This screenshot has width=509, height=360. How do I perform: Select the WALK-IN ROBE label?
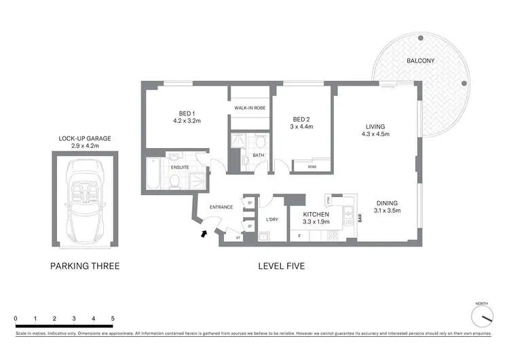tap(250, 108)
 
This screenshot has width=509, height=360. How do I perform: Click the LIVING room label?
tap(375, 127)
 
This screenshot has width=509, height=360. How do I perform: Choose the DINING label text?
tap(388, 202)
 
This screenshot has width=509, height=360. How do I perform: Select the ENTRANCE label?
tap(221, 207)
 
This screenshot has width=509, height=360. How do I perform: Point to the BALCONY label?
tap(420, 61)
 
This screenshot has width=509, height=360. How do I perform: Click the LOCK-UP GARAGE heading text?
tap(84, 138)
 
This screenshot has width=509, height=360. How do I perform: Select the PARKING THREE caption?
tap(85, 266)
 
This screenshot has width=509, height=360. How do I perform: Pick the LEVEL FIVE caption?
tap(281, 266)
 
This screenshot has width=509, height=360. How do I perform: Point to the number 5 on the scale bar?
tap(113, 318)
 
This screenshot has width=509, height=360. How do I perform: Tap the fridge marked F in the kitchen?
tap(299, 236)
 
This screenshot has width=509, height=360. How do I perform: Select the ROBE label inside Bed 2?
tap(312, 166)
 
